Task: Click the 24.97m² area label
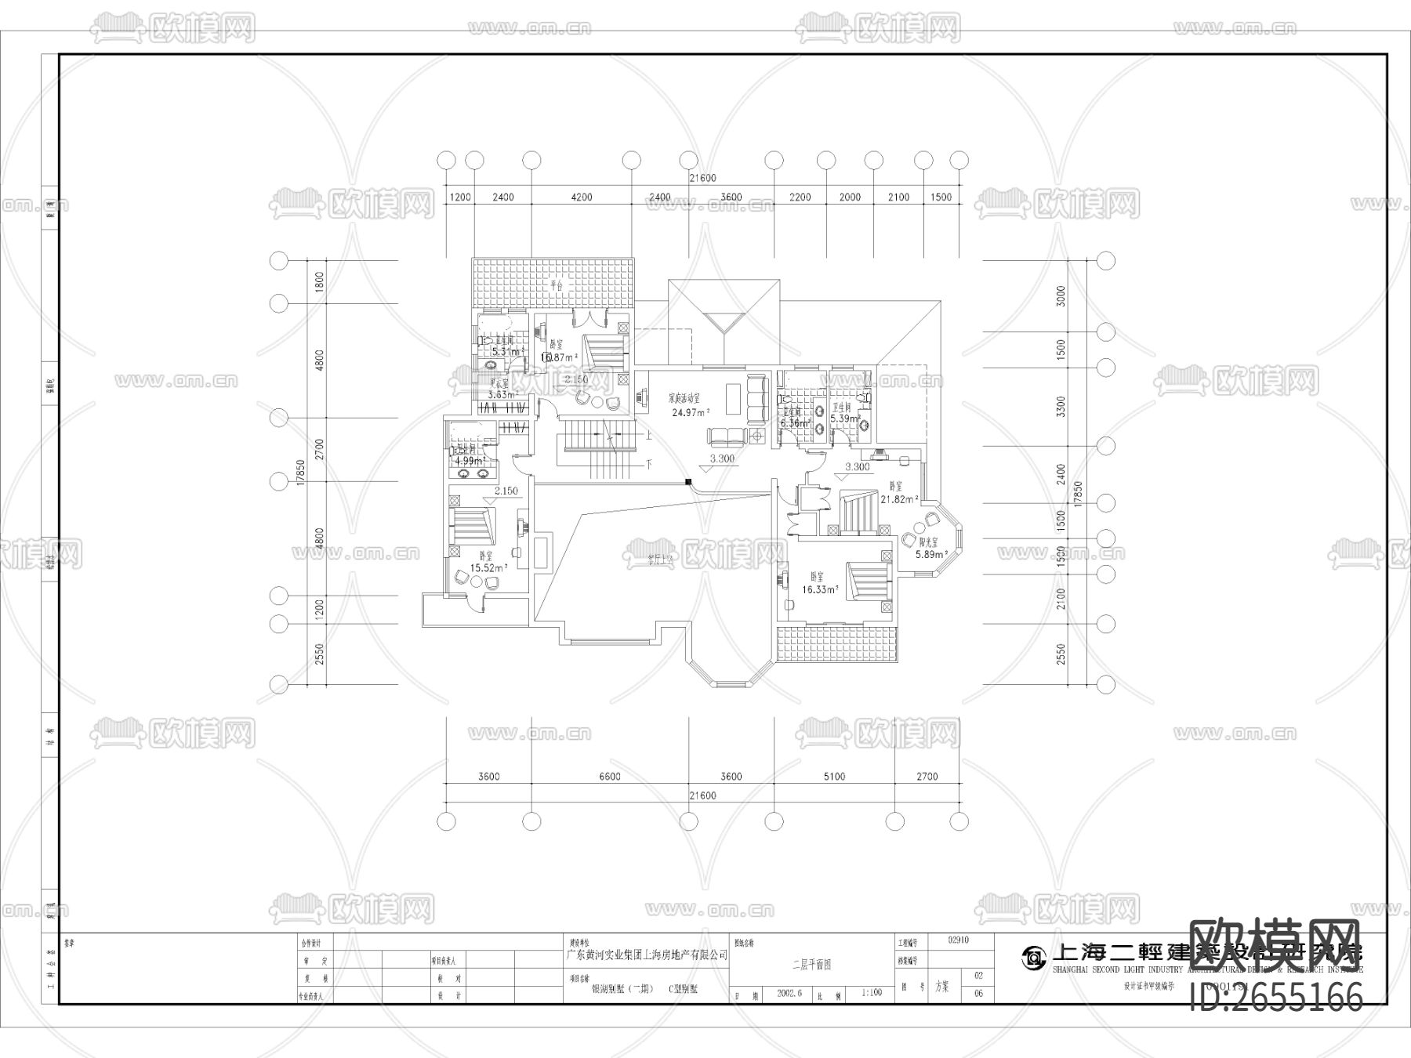pos(690,411)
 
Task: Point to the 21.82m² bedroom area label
pos(899,498)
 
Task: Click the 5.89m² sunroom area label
pos(932,554)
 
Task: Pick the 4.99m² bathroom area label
pos(469,462)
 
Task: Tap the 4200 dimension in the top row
pos(581,197)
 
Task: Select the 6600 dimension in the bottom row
pos(609,777)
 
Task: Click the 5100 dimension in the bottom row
pos(834,777)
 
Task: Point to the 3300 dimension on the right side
pos(1061,406)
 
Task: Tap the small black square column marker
pos(687,482)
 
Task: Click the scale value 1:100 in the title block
pos(872,992)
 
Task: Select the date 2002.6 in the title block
pos(789,992)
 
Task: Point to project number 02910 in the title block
pos(959,939)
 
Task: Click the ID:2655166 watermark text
pos(1276,998)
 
